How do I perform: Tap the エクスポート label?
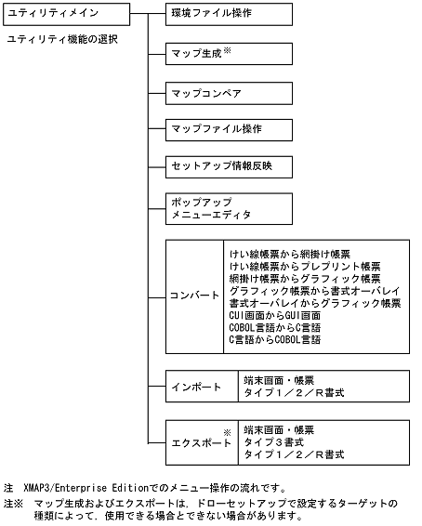(200, 442)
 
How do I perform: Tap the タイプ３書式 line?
(275, 442)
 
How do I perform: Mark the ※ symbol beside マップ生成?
(226, 49)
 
